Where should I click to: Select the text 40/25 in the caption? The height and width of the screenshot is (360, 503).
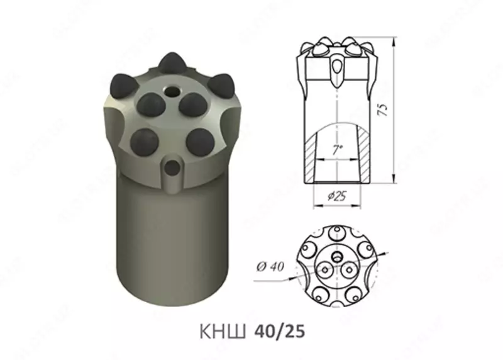(x=279, y=332)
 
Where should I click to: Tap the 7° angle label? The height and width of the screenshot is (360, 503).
(x=337, y=150)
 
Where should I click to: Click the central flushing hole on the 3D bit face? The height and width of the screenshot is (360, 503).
(x=170, y=91)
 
